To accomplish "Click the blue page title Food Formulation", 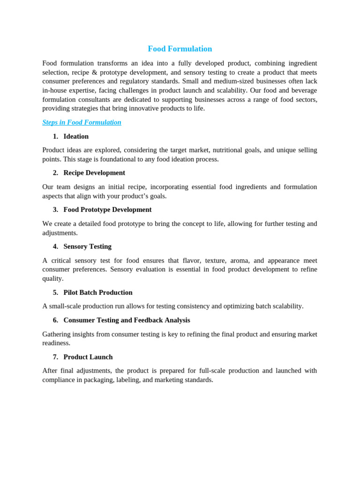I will pos(180,49).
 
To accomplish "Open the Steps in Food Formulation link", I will pos(82,122).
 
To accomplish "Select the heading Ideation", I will pos(76,136).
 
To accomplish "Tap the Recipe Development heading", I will pos(94,173).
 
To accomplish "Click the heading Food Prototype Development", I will pos(107,210).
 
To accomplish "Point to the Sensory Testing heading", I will pos(87,247).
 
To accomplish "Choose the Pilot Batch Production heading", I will pos(98,292).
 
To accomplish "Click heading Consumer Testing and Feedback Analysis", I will pos(127,320).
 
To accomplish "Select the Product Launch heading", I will pos(88,357).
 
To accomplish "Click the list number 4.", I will pos(55,247).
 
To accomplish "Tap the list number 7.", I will pos(55,357).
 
